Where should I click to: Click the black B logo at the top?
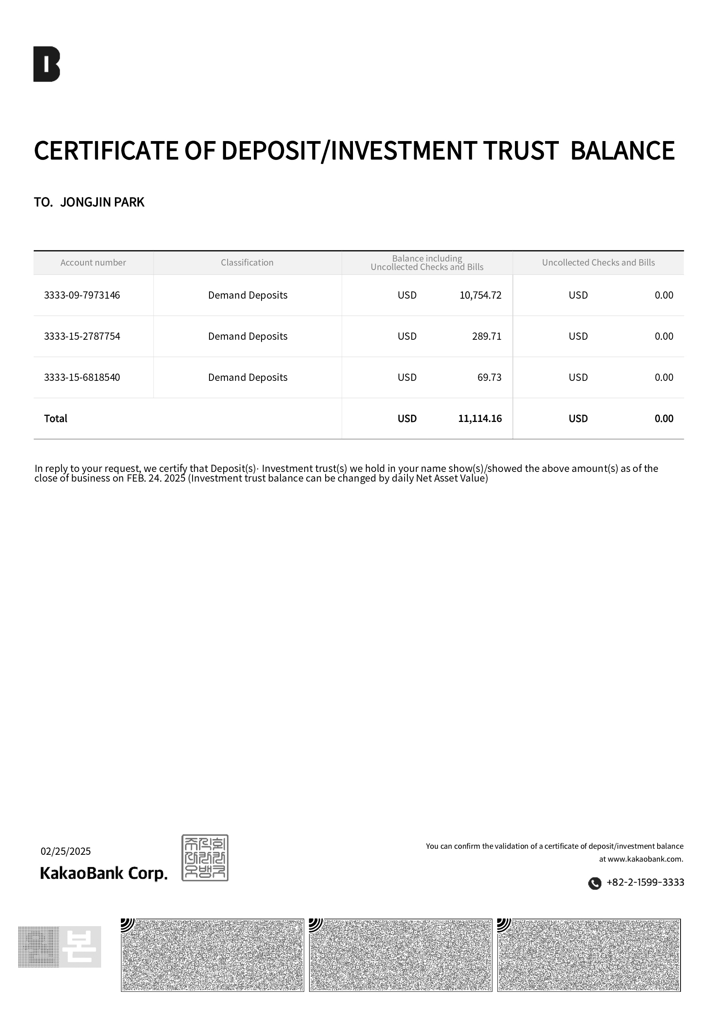pyautogui.click(x=46, y=64)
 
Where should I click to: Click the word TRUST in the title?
pyautogui.click(x=520, y=151)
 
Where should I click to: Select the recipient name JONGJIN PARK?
pyautogui.click(x=102, y=202)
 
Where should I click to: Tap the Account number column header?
pyautogui.click(x=93, y=262)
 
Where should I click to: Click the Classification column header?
pyautogui.click(x=247, y=262)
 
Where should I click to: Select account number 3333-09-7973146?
pyautogui.click(x=82, y=295)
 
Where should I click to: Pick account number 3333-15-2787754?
pyautogui.click(x=82, y=336)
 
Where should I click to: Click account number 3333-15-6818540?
pyautogui.click(x=82, y=378)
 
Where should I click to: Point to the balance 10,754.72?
pyautogui.click(x=480, y=295)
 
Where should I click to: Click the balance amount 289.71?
pyautogui.click(x=487, y=336)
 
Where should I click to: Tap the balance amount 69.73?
pyautogui.click(x=489, y=378)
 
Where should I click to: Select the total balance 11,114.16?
pyautogui.click(x=480, y=419)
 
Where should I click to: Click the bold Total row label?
pyautogui.click(x=56, y=419)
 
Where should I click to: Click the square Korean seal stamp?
pyautogui.click(x=205, y=858)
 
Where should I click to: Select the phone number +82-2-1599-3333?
pyautogui.click(x=645, y=882)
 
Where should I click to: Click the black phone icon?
pyautogui.click(x=595, y=883)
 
